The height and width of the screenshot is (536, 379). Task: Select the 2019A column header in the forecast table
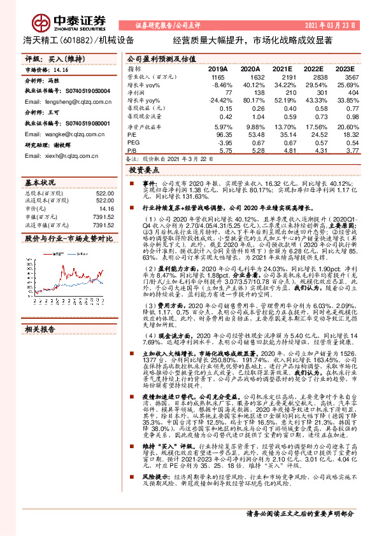point(218,68)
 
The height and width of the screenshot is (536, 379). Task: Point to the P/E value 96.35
point(218,135)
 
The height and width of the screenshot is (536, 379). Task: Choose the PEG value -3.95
point(218,143)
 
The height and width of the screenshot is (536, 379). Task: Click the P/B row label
point(132,151)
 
